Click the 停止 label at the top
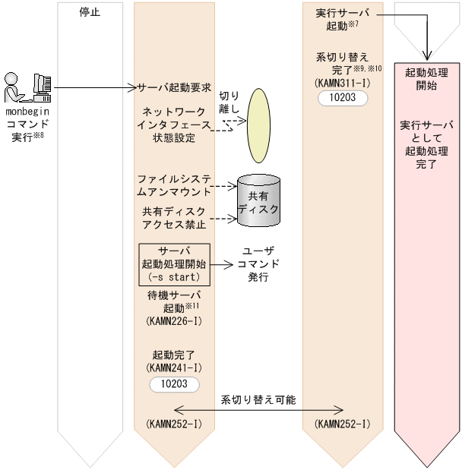click(90, 12)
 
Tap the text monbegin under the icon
click(28, 111)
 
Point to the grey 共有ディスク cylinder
click(258, 201)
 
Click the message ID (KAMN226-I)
click(174, 322)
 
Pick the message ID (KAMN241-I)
click(174, 367)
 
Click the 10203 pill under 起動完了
click(174, 384)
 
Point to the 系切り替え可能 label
click(258, 399)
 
